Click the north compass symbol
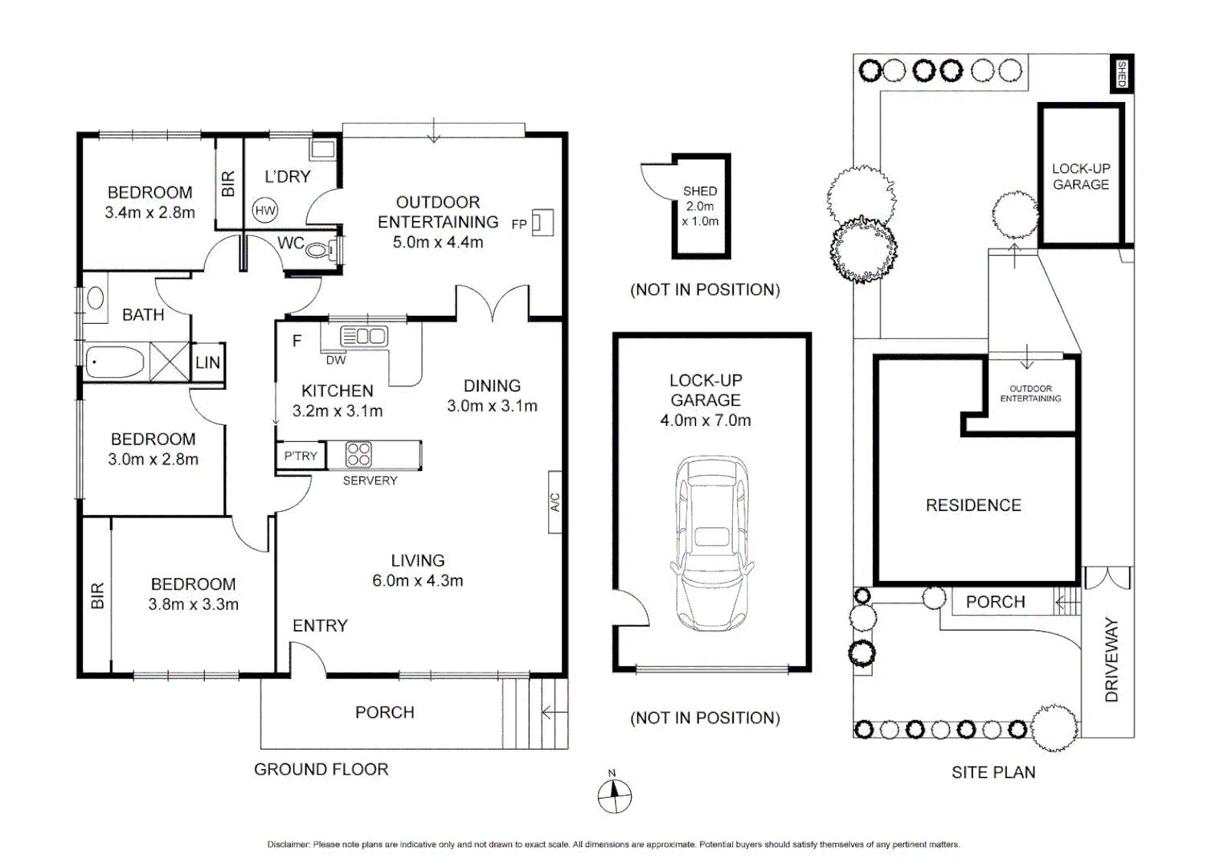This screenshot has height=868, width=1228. click(614, 796)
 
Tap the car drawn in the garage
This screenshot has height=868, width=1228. click(711, 544)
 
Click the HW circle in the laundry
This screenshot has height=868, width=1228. click(265, 211)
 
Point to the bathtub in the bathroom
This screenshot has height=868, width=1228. click(115, 362)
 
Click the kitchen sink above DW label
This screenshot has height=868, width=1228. click(364, 336)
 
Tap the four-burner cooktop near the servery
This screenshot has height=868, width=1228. click(358, 454)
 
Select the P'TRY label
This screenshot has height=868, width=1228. click(301, 456)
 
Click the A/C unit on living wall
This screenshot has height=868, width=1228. click(555, 502)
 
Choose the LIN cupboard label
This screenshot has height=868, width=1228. click(207, 362)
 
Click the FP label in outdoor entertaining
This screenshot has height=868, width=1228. click(519, 224)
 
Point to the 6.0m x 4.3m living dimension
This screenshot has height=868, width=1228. click(417, 580)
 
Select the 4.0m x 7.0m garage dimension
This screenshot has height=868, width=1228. click(705, 420)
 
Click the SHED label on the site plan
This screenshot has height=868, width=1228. click(1122, 74)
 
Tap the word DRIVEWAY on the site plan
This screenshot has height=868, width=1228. click(1111, 659)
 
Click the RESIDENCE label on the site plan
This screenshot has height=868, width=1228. click(973, 506)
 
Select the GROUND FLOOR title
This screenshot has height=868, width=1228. click(321, 769)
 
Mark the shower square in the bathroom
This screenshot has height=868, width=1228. click(170, 362)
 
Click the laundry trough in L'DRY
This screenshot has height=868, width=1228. click(323, 149)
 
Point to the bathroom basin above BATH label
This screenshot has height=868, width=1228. click(96, 298)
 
